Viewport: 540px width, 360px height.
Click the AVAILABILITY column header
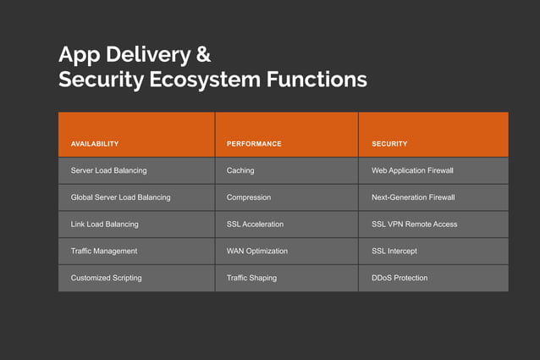click(x=95, y=144)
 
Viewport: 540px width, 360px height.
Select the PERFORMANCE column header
click(x=254, y=144)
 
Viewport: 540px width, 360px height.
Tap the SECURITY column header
click(x=389, y=144)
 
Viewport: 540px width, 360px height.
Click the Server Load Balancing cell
click(x=108, y=170)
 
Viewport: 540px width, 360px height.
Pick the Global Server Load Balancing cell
click(x=120, y=197)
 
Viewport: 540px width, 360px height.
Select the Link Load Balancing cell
click(x=104, y=224)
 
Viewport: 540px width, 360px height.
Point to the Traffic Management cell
click(x=103, y=252)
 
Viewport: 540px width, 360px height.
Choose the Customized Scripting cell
click(x=106, y=278)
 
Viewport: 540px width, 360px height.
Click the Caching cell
click(x=240, y=170)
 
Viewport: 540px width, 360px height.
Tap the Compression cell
click(x=249, y=197)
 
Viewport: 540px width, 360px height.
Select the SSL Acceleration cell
click(x=255, y=224)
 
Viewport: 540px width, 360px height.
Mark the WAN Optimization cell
click(x=257, y=252)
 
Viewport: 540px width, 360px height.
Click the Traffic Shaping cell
click(x=251, y=278)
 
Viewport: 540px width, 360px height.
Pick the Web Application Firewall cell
click(x=412, y=170)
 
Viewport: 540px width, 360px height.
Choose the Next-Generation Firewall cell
click(x=413, y=197)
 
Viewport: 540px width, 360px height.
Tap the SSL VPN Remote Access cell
click(x=414, y=224)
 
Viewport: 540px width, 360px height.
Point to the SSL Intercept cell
click(x=394, y=252)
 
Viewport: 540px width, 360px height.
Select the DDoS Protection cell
click(x=399, y=278)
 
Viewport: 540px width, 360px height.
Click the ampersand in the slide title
click(x=203, y=55)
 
